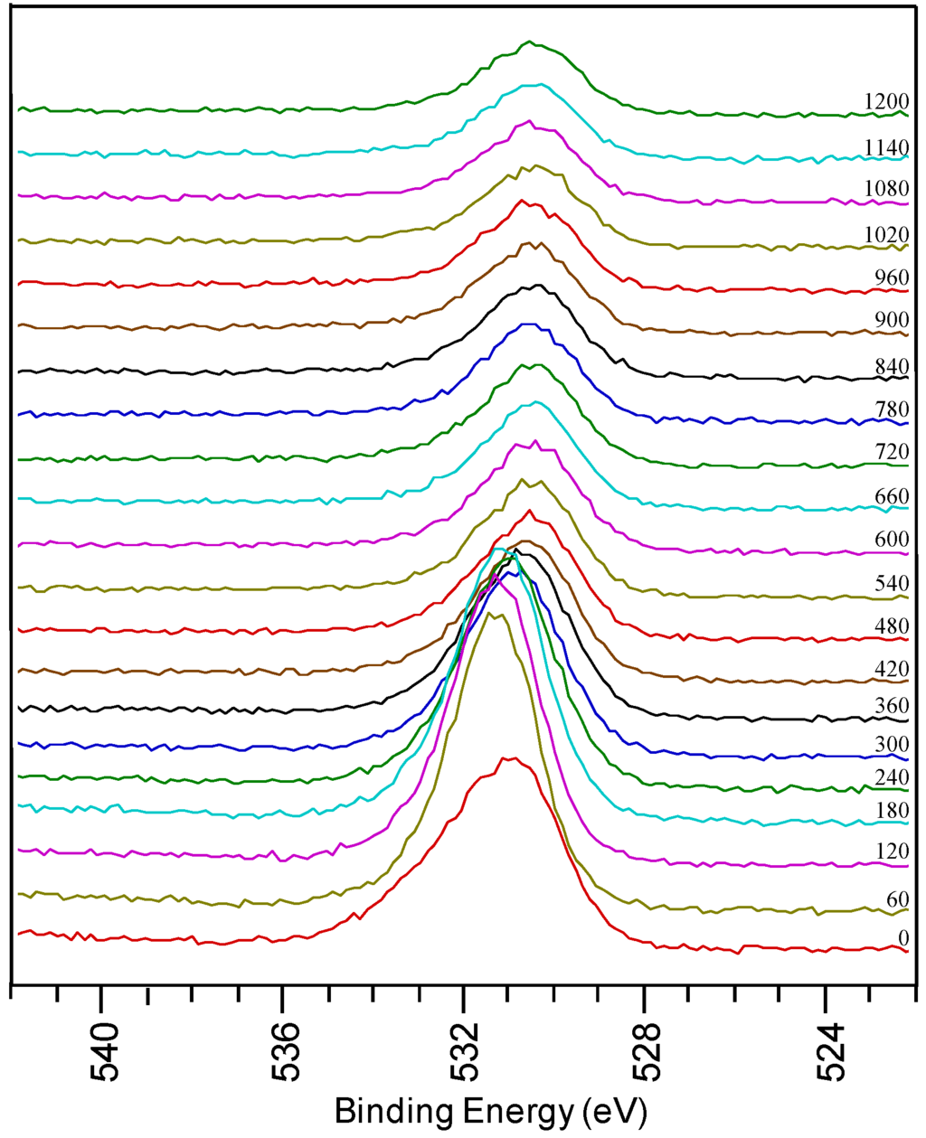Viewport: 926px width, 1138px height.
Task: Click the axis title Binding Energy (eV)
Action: point(490,1111)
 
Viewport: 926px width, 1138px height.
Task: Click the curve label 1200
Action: point(885,101)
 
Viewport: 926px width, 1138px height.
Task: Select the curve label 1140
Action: point(885,147)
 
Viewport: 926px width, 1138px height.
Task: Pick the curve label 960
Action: point(891,277)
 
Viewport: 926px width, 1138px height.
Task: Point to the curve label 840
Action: point(891,366)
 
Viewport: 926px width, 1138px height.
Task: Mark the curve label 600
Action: point(891,539)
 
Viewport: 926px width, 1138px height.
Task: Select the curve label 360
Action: point(891,706)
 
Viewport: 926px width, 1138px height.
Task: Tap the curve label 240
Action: point(891,777)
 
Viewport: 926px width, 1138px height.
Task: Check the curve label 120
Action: point(891,851)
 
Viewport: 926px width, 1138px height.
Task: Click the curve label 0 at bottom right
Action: point(903,939)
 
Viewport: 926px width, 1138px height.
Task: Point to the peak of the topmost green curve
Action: point(530,42)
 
